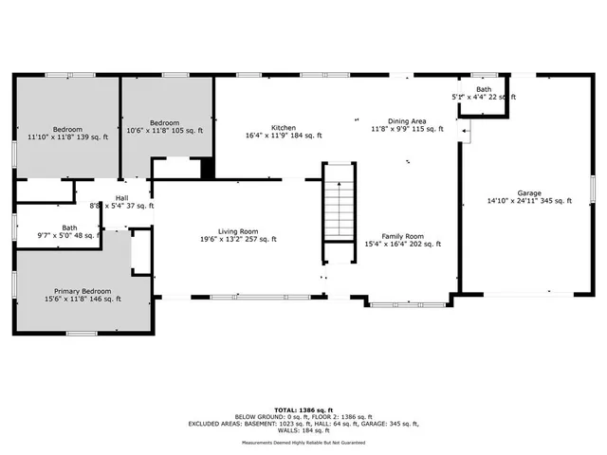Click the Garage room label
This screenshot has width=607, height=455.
click(529, 191)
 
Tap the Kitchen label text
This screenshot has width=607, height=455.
click(284, 128)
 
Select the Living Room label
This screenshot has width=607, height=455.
click(238, 231)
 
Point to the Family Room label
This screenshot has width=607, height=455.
click(403, 236)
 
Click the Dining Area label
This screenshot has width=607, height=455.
click(406, 121)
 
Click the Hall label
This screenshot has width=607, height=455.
click(121, 197)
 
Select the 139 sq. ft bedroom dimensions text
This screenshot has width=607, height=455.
click(67, 137)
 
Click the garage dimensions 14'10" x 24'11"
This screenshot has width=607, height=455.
click(529, 200)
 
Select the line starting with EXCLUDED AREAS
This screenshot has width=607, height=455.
click(303, 424)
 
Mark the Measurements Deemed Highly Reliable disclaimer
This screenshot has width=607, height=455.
click(303, 442)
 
